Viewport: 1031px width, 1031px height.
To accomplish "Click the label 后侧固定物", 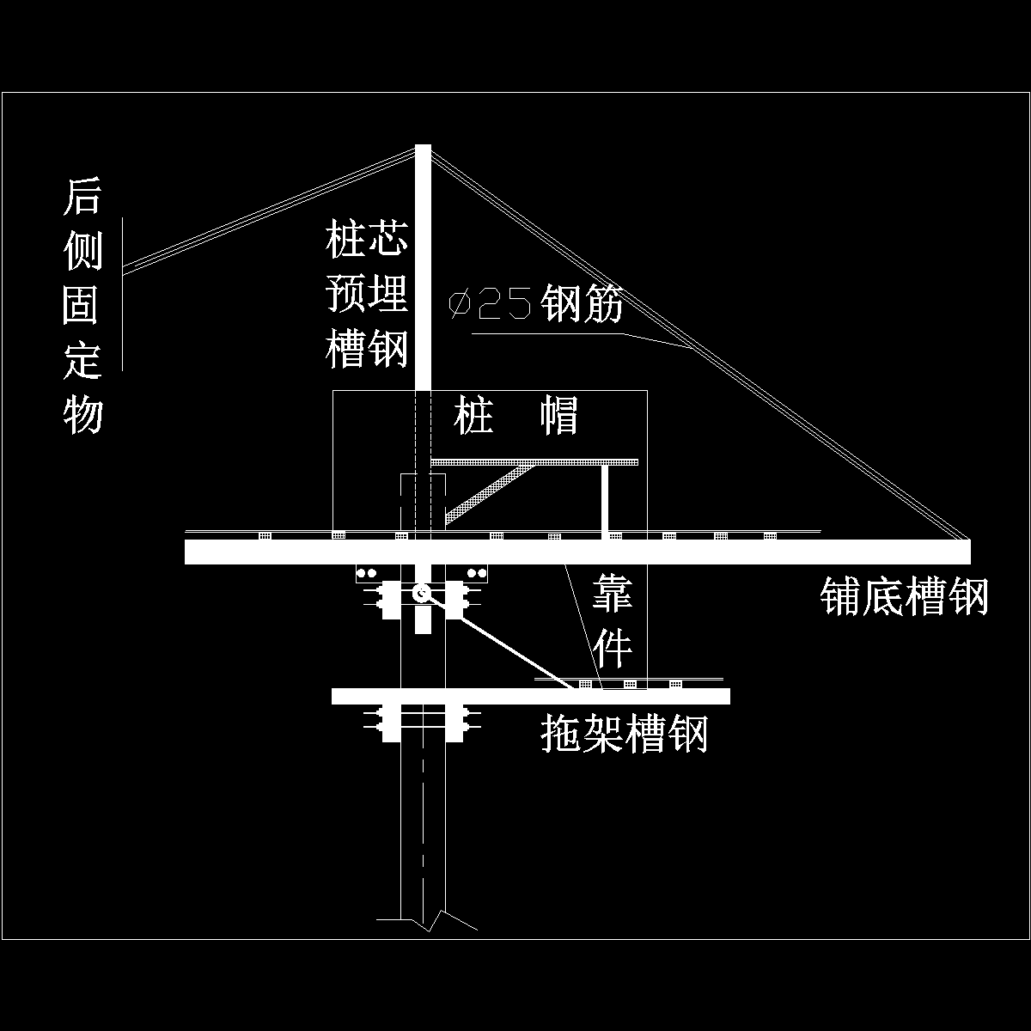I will pos(82,305).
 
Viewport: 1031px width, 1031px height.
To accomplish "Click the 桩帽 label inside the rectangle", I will pos(516,417).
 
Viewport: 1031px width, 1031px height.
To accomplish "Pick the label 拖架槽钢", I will pos(625,735).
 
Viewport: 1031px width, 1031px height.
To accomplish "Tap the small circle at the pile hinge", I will pos(422,594).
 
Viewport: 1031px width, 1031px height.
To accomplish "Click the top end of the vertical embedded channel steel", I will pos(423,148).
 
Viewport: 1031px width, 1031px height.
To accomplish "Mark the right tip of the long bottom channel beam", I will pos(967,552).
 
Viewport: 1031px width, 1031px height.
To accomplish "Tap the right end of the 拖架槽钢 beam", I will pos(727,696).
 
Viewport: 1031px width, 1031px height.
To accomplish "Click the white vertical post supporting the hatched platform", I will pos(606,499).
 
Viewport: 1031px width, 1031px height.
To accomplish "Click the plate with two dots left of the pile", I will pos(368,573).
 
